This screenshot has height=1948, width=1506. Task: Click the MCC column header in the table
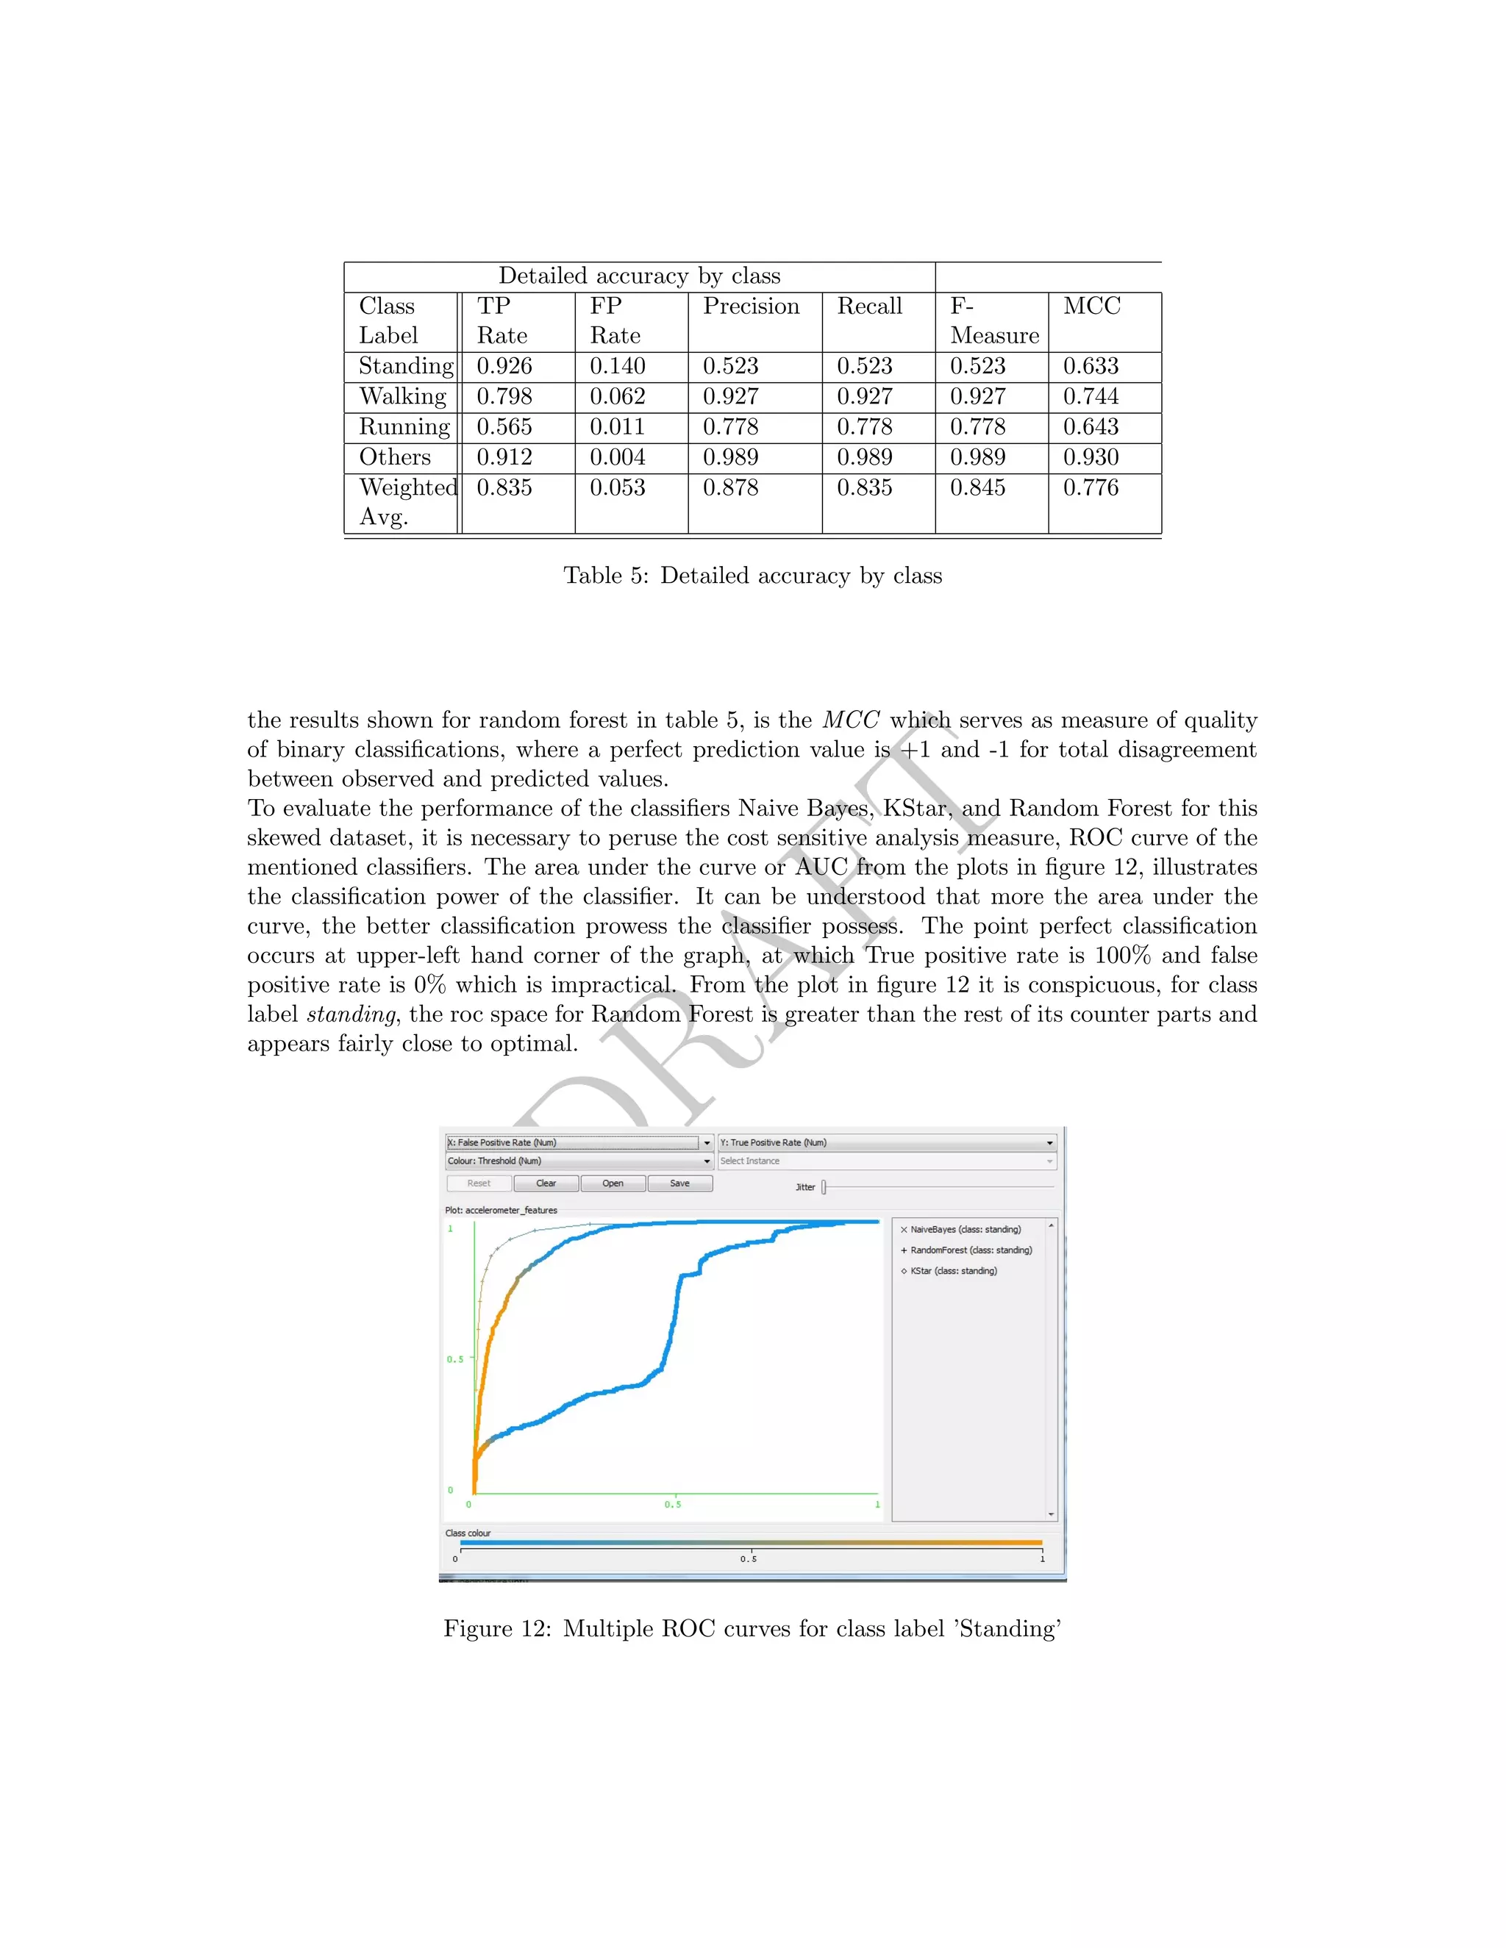tap(1091, 306)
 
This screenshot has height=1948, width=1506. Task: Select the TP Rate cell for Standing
tap(504, 365)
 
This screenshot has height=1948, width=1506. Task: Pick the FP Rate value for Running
tap(616, 426)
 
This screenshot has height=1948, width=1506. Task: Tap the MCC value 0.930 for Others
tap(1091, 456)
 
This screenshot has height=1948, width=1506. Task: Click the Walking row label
tap(402, 396)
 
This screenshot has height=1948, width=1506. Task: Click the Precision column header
tap(752, 306)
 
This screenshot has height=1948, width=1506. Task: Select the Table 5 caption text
tap(752, 576)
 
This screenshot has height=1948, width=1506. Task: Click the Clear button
tap(546, 1184)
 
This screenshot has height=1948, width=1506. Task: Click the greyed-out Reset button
tap(479, 1184)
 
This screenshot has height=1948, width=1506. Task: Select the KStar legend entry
tap(953, 1271)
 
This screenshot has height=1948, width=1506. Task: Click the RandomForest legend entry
tap(970, 1250)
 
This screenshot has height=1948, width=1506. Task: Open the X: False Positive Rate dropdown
tap(707, 1142)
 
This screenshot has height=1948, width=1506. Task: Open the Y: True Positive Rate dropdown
tap(1049, 1142)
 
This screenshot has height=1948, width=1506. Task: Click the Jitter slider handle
tap(824, 1187)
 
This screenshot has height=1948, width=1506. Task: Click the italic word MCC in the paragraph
tap(850, 720)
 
